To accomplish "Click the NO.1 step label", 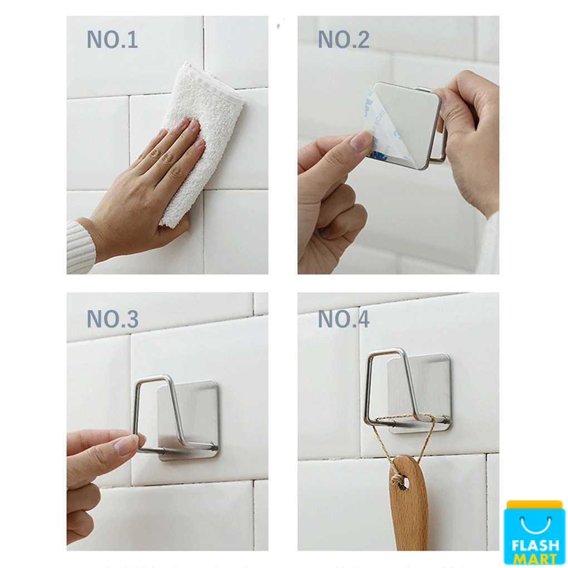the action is tap(112, 40).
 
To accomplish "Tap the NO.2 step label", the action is tap(344, 40).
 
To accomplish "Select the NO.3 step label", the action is tap(112, 319).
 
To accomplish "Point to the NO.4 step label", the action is tap(344, 319).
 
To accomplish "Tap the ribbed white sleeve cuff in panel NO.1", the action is tap(80, 246).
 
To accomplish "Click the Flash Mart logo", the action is tap(535, 533).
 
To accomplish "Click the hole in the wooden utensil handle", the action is tap(404, 483).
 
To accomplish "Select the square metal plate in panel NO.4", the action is tap(419, 393).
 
